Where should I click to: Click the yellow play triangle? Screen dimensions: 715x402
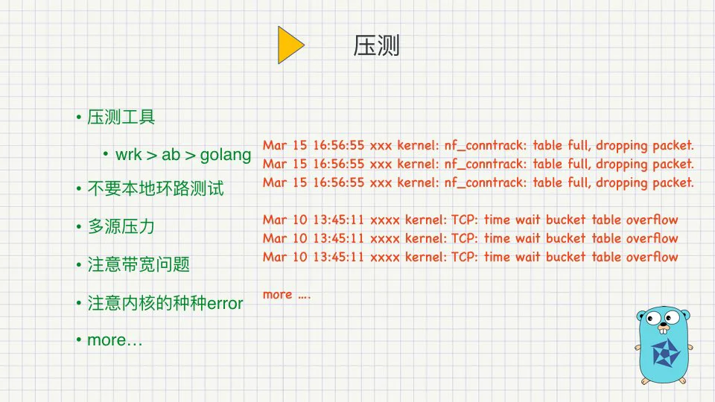tap(289, 45)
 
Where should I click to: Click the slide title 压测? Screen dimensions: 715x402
tap(376, 45)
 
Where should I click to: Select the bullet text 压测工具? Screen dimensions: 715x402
tap(121, 117)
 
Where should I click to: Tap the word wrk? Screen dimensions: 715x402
tap(129, 155)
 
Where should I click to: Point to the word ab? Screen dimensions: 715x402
tap(171, 155)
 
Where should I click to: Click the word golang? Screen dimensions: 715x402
tap(226, 156)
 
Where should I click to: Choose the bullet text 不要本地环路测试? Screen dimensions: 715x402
tap(156, 188)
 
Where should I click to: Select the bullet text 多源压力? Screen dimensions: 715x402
tap(121, 226)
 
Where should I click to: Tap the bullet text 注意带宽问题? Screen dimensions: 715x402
tap(139, 264)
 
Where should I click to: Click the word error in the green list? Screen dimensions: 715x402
tap(225, 304)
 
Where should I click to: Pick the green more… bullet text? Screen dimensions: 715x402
tap(115, 340)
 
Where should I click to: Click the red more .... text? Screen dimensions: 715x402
tap(287, 295)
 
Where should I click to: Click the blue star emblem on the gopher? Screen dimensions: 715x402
tap(666, 353)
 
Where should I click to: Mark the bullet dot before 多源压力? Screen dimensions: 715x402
tap(79, 226)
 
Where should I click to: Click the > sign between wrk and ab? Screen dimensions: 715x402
tap(152, 156)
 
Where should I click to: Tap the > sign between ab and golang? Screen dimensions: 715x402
tap(190, 156)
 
